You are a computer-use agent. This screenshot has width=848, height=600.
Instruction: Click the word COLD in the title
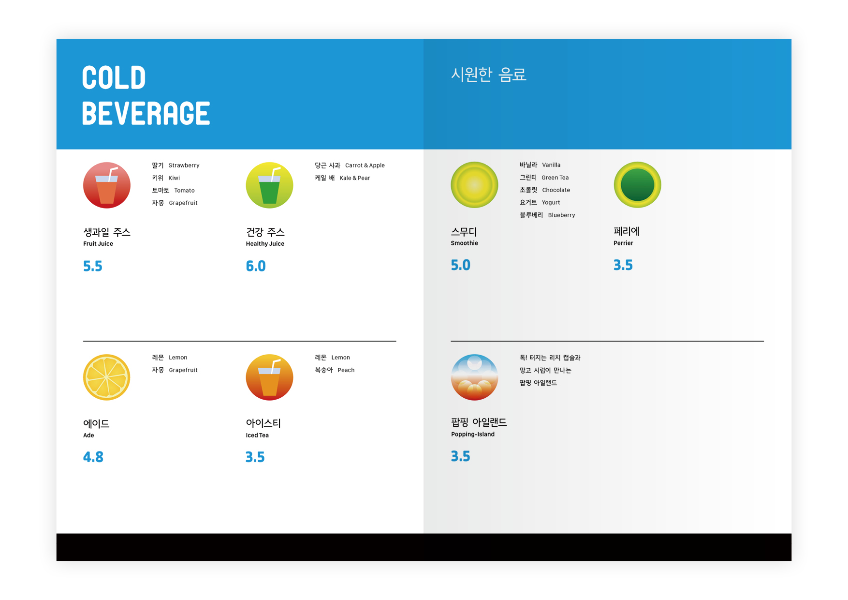click(114, 77)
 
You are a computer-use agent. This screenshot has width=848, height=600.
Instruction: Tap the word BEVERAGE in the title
click(146, 113)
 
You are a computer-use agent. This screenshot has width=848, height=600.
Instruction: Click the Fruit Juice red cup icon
click(107, 185)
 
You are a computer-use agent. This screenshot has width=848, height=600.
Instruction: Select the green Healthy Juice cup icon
click(269, 185)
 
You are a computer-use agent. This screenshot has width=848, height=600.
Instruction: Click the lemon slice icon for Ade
click(107, 377)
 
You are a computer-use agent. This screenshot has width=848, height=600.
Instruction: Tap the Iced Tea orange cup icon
click(269, 377)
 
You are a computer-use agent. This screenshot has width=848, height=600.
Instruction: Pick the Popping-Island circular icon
click(474, 377)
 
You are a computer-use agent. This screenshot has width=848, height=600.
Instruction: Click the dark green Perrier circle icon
click(637, 185)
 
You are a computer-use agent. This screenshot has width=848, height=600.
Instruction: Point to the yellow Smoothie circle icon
click(474, 185)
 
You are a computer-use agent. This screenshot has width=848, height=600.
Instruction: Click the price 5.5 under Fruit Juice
click(93, 266)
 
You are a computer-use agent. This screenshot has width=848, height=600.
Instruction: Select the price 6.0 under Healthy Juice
click(256, 266)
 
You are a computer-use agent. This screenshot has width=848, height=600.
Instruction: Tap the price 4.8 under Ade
click(93, 457)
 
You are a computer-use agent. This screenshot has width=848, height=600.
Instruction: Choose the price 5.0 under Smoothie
click(461, 265)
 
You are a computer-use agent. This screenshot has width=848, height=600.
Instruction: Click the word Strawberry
click(184, 165)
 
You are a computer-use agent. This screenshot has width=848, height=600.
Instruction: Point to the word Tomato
click(184, 191)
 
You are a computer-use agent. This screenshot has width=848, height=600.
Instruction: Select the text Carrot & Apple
click(365, 165)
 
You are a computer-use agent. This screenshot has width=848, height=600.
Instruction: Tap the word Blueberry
click(561, 215)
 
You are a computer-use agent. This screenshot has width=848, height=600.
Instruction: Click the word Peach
click(346, 370)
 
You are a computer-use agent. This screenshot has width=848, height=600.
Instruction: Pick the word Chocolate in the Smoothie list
click(556, 190)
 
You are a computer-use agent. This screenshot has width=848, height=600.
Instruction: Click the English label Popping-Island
click(473, 435)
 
